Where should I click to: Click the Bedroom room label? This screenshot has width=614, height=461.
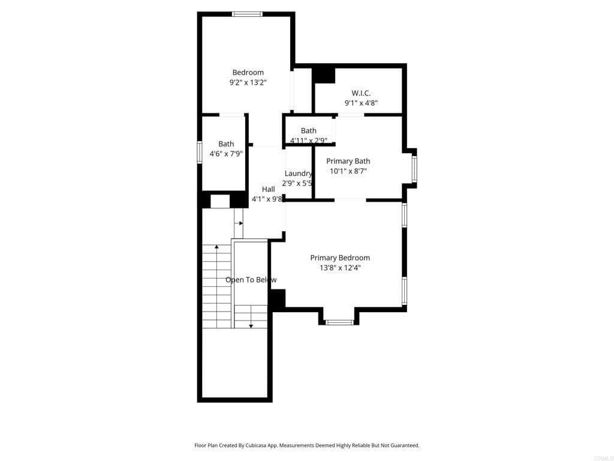click(248, 73)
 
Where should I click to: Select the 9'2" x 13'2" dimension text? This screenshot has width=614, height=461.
click(248, 83)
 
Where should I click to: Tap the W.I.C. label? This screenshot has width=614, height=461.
click(361, 93)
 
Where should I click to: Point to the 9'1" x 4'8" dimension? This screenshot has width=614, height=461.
click(361, 103)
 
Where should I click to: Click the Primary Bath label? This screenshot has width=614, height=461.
click(348, 161)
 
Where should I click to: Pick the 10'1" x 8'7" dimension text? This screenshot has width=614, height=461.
click(348, 171)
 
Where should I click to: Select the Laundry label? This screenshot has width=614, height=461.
click(298, 173)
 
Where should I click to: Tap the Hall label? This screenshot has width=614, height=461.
click(268, 189)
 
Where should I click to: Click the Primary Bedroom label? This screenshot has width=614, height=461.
click(340, 258)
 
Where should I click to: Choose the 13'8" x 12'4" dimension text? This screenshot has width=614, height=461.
click(340, 268)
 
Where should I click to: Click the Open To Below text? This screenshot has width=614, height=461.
click(251, 280)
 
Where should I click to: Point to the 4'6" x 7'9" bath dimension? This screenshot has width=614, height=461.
click(226, 154)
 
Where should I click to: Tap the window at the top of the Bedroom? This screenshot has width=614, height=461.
click(247, 14)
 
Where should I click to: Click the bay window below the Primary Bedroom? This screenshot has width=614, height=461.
click(339, 322)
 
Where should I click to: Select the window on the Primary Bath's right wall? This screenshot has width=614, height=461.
click(414, 169)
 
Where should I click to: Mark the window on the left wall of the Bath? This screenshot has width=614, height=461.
click(200, 152)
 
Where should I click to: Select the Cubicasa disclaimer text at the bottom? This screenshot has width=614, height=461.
click(306, 445)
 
